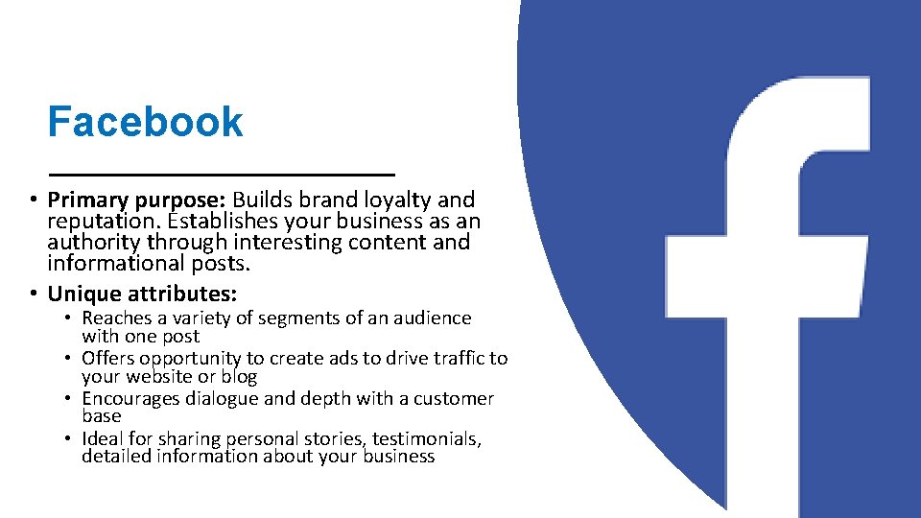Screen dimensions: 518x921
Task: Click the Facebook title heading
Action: click(x=145, y=123)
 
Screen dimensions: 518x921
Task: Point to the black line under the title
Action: click(x=222, y=174)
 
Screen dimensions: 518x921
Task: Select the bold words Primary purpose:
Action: click(x=136, y=200)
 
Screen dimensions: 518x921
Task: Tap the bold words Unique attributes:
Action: click(x=142, y=294)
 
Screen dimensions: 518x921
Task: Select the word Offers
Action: click(x=108, y=359)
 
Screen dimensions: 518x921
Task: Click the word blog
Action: click(x=239, y=377)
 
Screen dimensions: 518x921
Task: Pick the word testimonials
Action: click(x=425, y=439)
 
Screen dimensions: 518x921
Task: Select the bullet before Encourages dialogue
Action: click(x=69, y=399)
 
